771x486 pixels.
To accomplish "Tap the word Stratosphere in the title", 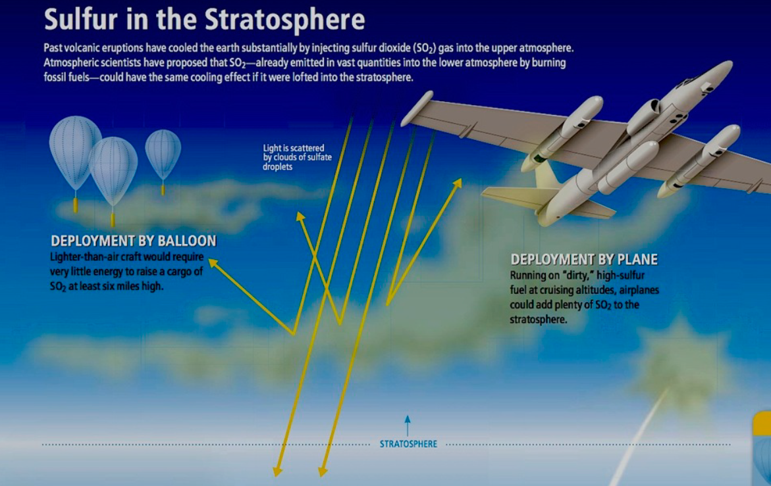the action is coord(284,20).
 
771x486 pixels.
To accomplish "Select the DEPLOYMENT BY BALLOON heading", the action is coord(134,241).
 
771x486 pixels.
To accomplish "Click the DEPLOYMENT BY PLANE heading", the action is coord(584,259).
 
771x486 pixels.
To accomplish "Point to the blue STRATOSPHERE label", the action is coord(408,444).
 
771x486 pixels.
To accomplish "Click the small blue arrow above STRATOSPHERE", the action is coord(407,425).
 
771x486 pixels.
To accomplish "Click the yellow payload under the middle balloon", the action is coord(113,220).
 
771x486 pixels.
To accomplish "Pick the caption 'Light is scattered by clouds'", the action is coord(298,157).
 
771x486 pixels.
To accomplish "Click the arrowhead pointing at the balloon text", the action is coord(213,262).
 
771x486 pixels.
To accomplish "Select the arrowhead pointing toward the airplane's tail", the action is coord(458,183).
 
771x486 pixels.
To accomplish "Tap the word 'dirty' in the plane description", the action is coord(576,276).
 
